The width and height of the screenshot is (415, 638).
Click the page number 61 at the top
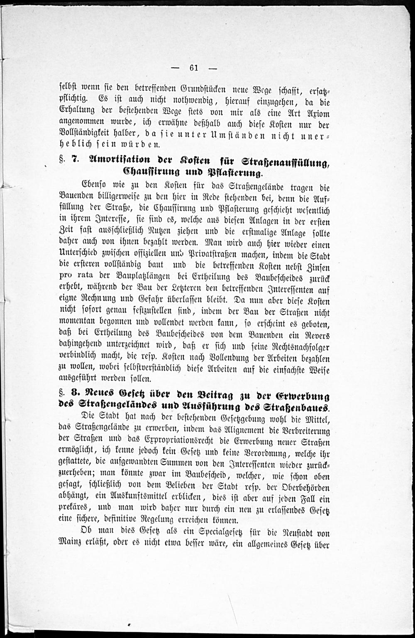(193, 69)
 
